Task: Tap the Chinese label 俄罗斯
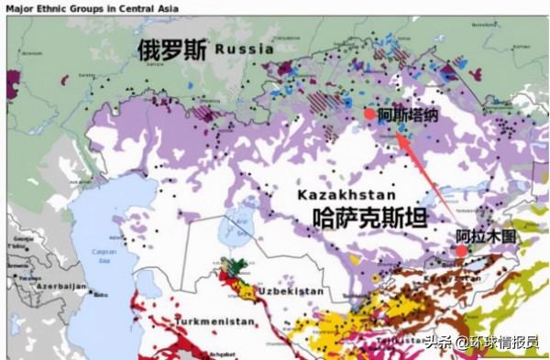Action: point(171,49)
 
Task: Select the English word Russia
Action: point(244,49)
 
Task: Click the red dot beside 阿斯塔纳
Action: point(368,114)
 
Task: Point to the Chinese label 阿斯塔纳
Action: point(408,115)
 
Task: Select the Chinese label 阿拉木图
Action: point(487,235)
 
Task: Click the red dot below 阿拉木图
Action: point(461,250)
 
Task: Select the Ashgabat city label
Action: point(225,354)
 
